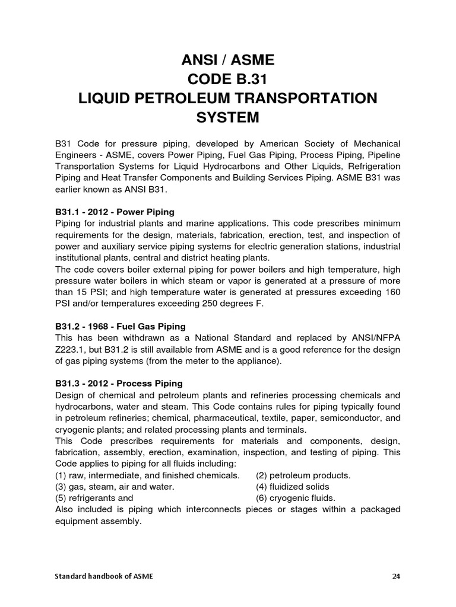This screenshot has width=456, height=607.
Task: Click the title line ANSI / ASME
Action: [x=227, y=60]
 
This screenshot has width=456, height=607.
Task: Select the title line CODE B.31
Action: [x=227, y=79]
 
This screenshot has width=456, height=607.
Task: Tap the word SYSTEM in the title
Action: [x=227, y=117]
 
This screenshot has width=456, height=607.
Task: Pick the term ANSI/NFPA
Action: [x=375, y=337]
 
